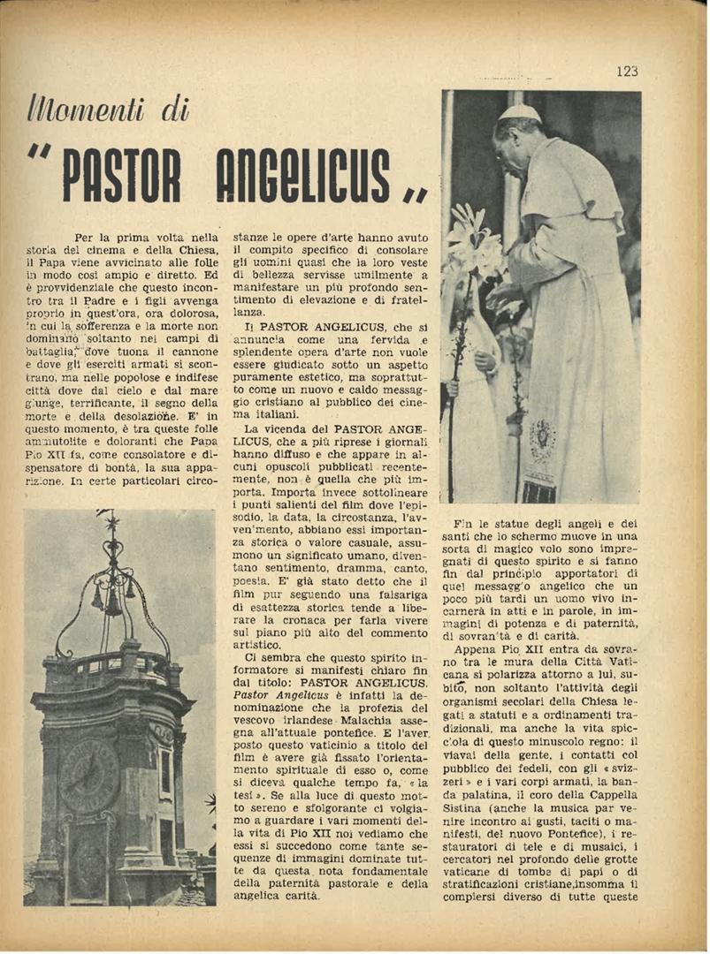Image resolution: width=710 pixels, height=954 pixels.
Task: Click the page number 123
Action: point(627,72)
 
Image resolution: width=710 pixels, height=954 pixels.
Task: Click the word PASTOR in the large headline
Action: point(122,176)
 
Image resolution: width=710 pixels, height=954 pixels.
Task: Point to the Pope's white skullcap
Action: point(520,112)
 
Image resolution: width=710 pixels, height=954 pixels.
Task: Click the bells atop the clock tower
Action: point(112,601)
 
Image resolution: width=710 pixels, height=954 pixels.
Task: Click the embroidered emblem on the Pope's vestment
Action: point(540,439)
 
